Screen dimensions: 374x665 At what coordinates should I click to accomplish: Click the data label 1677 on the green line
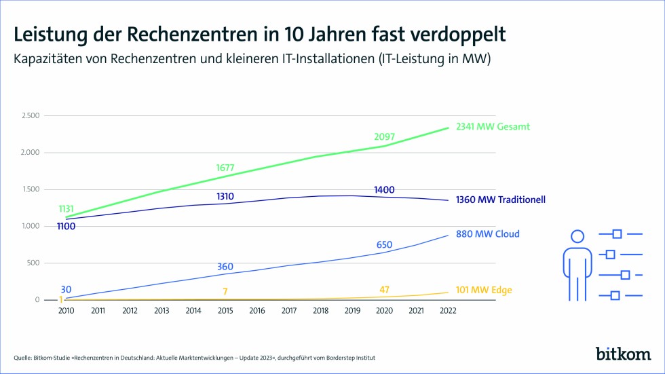point(225,168)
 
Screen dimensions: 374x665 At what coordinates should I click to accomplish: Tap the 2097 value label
point(385,137)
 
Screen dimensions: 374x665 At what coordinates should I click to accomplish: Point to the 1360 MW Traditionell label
point(501,200)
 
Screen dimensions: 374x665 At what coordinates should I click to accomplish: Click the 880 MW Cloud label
point(488,234)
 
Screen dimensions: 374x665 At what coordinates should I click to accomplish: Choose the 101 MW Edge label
point(484,291)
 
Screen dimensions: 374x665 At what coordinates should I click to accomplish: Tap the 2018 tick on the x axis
point(320,311)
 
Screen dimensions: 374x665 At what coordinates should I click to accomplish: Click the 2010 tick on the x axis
point(66,311)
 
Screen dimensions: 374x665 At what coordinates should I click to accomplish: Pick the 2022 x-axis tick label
point(448,311)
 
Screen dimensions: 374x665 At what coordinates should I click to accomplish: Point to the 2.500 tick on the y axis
point(29,115)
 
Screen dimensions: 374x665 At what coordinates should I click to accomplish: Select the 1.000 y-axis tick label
point(29,226)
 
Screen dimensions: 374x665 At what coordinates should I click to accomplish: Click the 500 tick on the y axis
point(33,263)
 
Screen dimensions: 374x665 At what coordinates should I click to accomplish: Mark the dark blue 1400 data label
point(384,189)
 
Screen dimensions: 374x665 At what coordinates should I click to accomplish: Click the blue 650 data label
point(384,244)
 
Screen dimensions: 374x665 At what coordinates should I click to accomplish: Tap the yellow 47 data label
point(384,290)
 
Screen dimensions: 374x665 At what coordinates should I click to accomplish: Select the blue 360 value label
point(225,267)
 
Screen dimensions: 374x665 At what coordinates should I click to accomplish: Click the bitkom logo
point(623,354)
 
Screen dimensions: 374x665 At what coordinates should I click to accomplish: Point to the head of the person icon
point(577,237)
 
